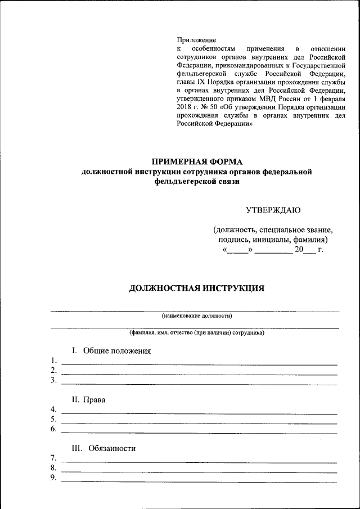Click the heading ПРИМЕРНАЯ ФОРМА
[x=196, y=162]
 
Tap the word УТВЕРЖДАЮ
[x=273, y=210]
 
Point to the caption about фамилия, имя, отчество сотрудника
[x=196, y=333]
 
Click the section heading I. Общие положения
[x=111, y=351]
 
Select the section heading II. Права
[x=88, y=400]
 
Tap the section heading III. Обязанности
[x=103, y=449]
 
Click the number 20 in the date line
[x=299, y=249]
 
